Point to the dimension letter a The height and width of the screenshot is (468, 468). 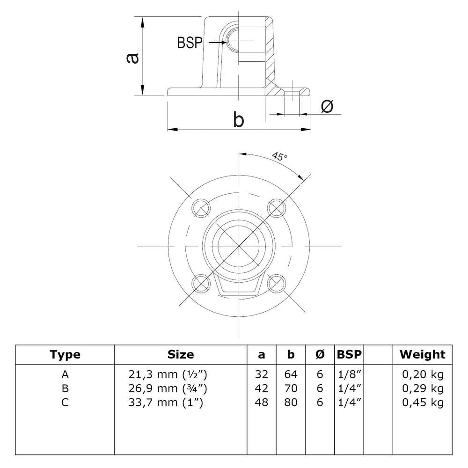click(x=133, y=57)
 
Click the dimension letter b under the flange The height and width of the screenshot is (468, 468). click(x=239, y=120)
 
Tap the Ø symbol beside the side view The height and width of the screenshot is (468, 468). click(x=327, y=107)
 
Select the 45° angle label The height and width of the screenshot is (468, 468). click(x=279, y=157)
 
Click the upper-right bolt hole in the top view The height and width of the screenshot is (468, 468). click(x=276, y=206)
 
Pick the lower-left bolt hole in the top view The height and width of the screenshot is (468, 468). click(x=201, y=282)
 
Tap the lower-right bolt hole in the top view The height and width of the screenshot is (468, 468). click(x=277, y=282)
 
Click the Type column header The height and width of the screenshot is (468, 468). click(x=65, y=355)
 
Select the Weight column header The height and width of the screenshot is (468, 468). click(x=422, y=355)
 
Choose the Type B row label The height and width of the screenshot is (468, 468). click(x=65, y=388)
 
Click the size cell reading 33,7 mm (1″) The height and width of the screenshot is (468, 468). click(x=165, y=402)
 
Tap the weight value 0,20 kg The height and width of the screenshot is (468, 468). click(x=423, y=374)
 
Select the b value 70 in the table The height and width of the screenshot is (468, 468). click(x=291, y=388)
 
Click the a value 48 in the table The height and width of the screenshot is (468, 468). click(x=262, y=402)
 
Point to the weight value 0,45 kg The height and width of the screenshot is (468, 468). click(x=423, y=402)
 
